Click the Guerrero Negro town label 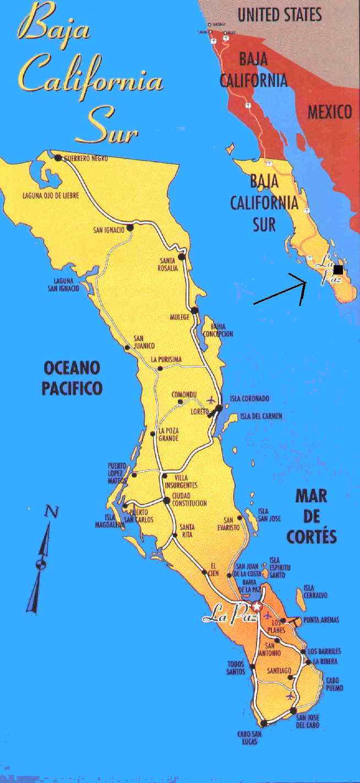click(x=86, y=158)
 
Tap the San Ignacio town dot click(x=130, y=227)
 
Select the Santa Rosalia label click(x=169, y=264)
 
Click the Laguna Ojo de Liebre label click(x=47, y=195)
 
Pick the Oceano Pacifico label click(x=72, y=378)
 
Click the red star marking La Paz click(x=256, y=606)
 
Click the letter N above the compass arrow click(x=52, y=512)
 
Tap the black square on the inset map click(x=338, y=269)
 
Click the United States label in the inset click(x=280, y=14)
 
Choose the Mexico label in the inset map click(x=329, y=112)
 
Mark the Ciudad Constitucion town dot click(x=167, y=500)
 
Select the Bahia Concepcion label click(x=218, y=330)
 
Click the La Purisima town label click(x=166, y=359)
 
